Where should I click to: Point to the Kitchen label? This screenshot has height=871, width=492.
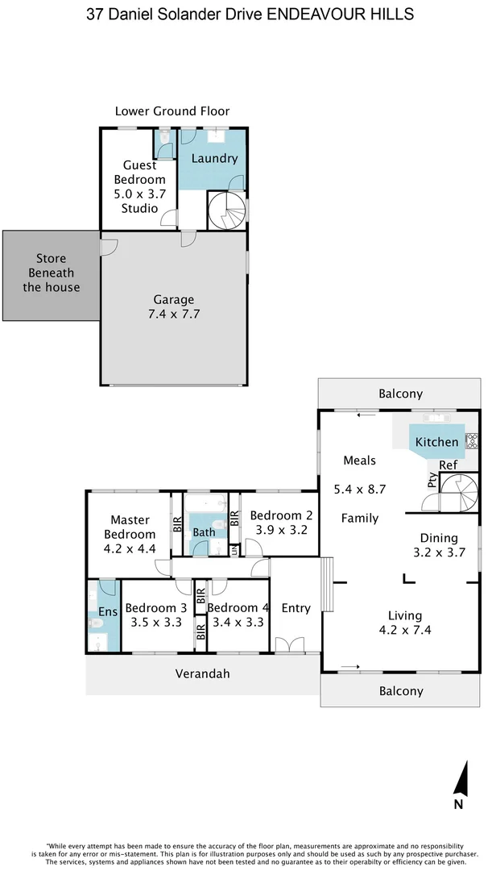click(436, 442)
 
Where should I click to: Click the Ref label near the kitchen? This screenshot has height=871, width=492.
click(449, 465)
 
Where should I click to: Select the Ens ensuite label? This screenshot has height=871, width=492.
click(107, 612)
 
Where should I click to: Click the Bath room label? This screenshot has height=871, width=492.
click(203, 532)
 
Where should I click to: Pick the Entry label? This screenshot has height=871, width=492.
click(296, 608)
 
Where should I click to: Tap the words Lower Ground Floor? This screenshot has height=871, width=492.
click(172, 111)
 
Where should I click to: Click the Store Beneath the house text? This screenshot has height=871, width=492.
click(51, 273)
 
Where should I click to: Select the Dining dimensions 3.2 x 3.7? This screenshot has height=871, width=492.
click(439, 552)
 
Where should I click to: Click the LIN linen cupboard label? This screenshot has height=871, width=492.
click(234, 550)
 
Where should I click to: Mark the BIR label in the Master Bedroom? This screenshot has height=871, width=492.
click(176, 525)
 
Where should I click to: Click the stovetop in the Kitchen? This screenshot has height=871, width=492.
click(472, 441)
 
